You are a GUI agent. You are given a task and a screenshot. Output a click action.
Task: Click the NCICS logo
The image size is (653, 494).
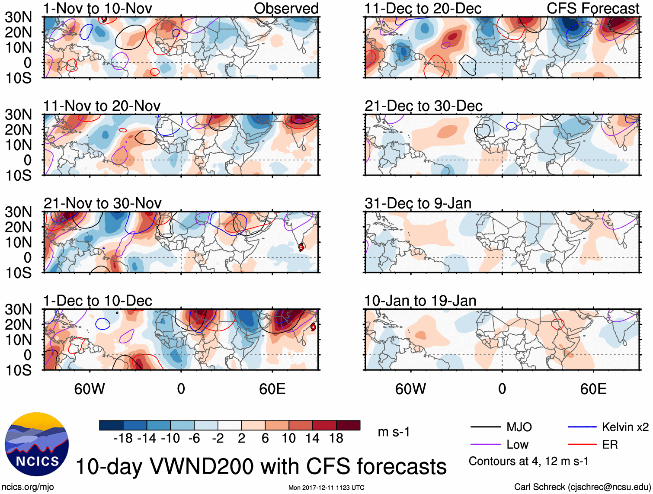[37, 444]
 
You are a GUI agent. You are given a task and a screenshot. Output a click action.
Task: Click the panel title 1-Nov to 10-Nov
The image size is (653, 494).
[98, 9]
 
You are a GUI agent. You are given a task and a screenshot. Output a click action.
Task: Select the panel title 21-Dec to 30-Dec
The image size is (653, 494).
[423, 106]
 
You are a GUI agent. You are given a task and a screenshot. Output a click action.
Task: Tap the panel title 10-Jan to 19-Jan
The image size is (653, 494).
[420, 301]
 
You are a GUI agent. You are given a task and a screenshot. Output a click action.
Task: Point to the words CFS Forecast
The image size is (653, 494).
[593, 9]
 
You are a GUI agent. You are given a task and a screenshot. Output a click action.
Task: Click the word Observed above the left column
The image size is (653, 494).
[286, 9]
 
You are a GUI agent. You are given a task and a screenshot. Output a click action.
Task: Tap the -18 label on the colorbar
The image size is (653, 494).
[123, 439]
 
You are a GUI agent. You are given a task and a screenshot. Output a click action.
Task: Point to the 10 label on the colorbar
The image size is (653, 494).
[288, 439]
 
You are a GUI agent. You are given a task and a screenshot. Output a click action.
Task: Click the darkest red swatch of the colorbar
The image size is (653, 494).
[348, 425]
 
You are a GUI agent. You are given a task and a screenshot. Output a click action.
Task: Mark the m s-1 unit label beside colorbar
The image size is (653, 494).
[394, 432]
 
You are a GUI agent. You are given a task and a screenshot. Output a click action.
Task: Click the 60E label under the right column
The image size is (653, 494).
[593, 389]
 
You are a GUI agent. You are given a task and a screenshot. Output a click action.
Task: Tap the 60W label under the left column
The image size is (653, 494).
[90, 389]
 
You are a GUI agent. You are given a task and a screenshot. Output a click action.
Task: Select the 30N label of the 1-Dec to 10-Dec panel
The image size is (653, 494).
[18, 309]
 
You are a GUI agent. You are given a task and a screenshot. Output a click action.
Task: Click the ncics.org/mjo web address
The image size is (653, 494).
[28, 487]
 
